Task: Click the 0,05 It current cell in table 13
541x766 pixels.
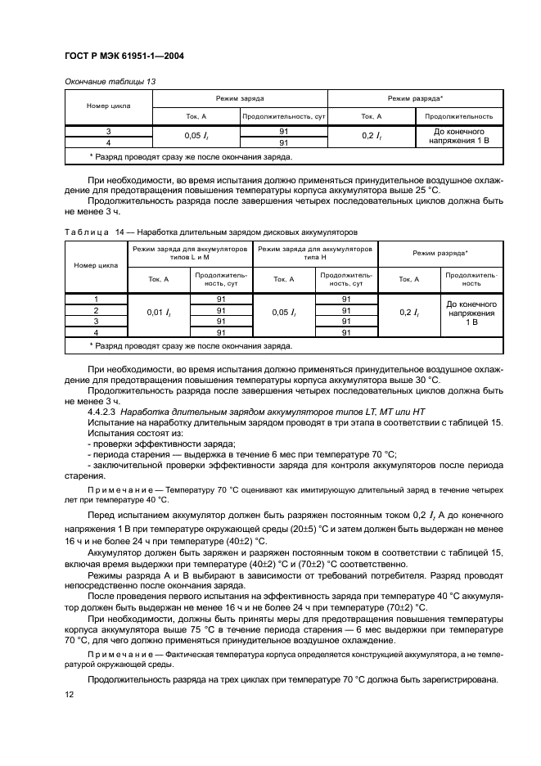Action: (x=196, y=137)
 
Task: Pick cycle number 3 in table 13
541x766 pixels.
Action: (x=108, y=131)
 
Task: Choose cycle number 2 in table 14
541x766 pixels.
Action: (x=96, y=311)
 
